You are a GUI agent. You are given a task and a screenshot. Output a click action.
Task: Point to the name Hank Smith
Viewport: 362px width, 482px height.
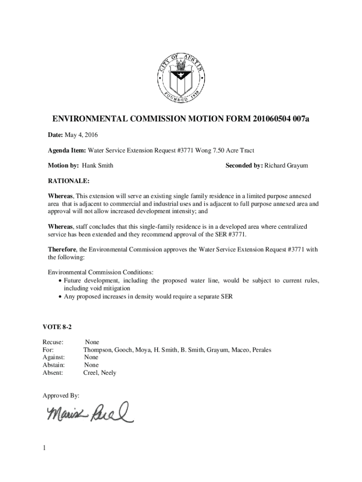[x=98, y=166]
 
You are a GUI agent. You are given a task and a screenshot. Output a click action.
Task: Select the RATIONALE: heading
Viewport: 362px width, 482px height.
[x=69, y=181]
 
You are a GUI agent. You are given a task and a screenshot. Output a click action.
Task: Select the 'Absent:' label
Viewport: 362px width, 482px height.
[x=53, y=373]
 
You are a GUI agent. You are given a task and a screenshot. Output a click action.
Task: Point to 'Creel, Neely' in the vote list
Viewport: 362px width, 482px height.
[x=100, y=373]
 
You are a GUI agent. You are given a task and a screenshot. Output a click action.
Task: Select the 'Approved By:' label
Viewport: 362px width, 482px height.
[x=61, y=395]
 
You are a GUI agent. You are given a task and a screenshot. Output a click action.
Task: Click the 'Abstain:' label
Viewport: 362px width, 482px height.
[x=54, y=365]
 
